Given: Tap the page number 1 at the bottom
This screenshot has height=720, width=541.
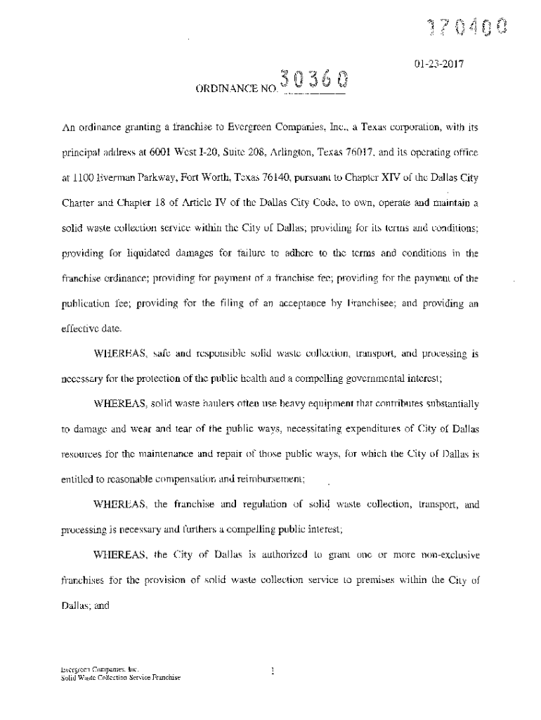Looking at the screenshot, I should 271,671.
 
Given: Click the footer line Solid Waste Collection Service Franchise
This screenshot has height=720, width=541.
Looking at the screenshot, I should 120,677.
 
